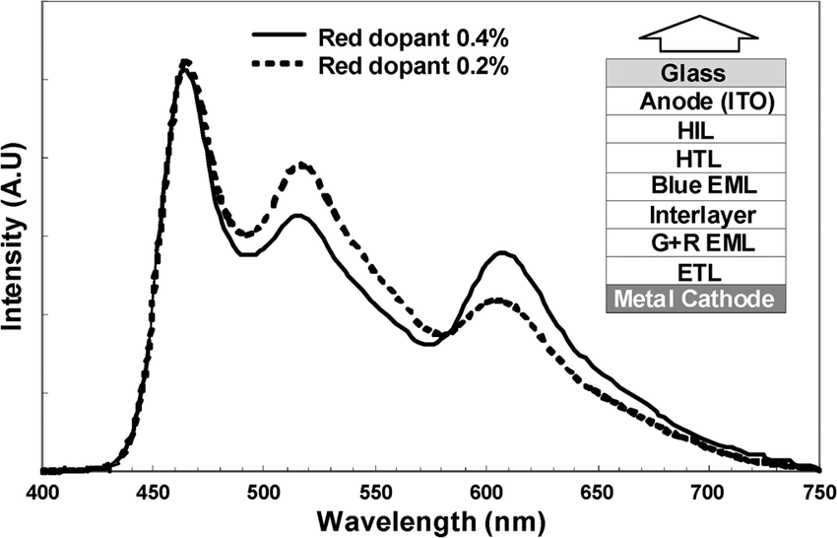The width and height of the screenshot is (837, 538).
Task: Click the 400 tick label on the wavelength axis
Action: tap(40, 491)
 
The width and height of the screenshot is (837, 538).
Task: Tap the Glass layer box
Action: tap(694, 73)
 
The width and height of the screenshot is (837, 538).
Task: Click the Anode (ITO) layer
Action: tap(694, 101)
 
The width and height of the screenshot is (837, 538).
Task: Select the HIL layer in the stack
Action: tap(694, 129)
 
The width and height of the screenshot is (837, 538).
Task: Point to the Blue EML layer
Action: tap(694, 185)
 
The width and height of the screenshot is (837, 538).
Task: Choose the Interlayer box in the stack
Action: tap(694, 214)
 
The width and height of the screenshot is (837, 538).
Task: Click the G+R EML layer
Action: tap(694, 241)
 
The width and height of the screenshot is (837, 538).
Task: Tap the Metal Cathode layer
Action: tap(694, 299)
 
